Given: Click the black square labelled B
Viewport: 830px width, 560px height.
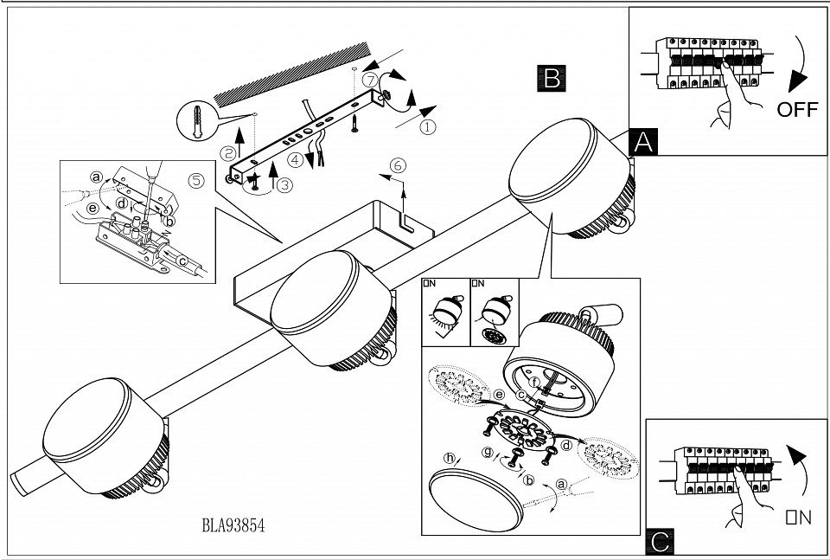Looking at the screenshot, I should [551, 78].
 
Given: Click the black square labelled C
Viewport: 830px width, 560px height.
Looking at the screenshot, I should [661, 542].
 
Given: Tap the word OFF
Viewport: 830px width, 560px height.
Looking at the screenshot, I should [796, 109].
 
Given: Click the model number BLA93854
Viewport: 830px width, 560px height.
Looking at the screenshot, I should [233, 525].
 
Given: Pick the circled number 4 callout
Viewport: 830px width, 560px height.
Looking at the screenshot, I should [296, 159].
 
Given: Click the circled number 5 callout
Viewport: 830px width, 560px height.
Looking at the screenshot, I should [196, 181].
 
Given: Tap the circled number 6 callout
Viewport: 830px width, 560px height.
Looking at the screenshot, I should [398, 164].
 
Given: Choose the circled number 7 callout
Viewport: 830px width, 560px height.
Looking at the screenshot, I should [370, 79].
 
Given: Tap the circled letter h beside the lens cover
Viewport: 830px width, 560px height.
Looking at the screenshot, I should [449, 458].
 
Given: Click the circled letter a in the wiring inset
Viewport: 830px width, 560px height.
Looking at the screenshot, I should [96, 177].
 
